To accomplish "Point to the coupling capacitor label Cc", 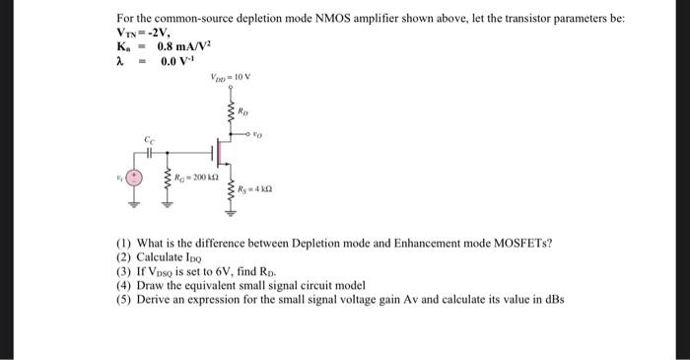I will pyautogui.click(x=150, y=141).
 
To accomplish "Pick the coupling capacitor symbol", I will pyautogui.click(x=150, y=154).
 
